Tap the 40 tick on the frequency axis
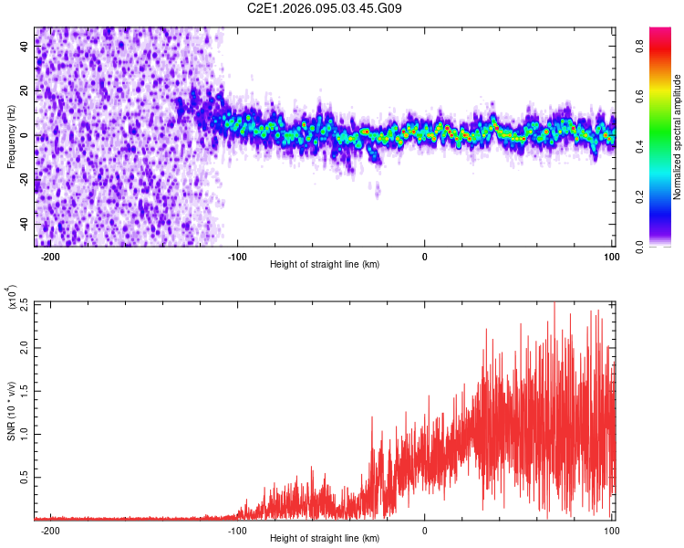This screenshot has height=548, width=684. click(25, 47)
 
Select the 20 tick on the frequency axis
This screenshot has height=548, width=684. click(25, 91)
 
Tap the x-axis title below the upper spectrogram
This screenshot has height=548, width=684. click(325, 265)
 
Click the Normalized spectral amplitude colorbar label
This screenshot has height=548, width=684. click(678, 137)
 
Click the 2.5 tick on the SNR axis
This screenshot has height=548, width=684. click(22, 304)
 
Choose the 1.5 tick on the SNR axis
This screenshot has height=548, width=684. click(22, 391)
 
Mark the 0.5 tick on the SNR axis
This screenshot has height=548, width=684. click(22, 477)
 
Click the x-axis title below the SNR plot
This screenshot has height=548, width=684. click(325, 539)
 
